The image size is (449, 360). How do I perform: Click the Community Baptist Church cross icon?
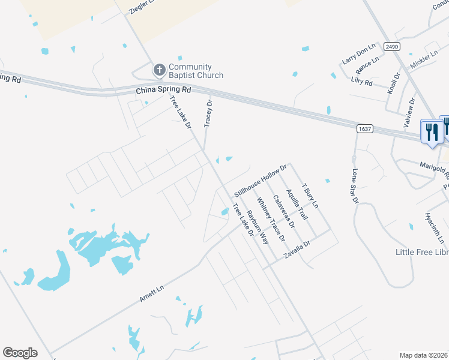click(159, 70)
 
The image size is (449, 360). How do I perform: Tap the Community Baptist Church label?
click(196, 71)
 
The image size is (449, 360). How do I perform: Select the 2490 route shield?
click(392, 47)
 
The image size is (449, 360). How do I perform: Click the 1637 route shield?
click(364, 128)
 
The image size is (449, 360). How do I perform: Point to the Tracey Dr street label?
click(209, 113)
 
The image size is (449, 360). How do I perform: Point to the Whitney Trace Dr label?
click(270, 219)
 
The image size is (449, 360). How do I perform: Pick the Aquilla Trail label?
click(297, 204)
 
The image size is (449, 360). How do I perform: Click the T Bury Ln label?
click(310, 196)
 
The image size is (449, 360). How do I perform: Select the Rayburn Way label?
click(258, 226)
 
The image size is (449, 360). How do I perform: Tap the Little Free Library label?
click(422, 252)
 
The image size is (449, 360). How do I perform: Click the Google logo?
click(20, 353)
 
